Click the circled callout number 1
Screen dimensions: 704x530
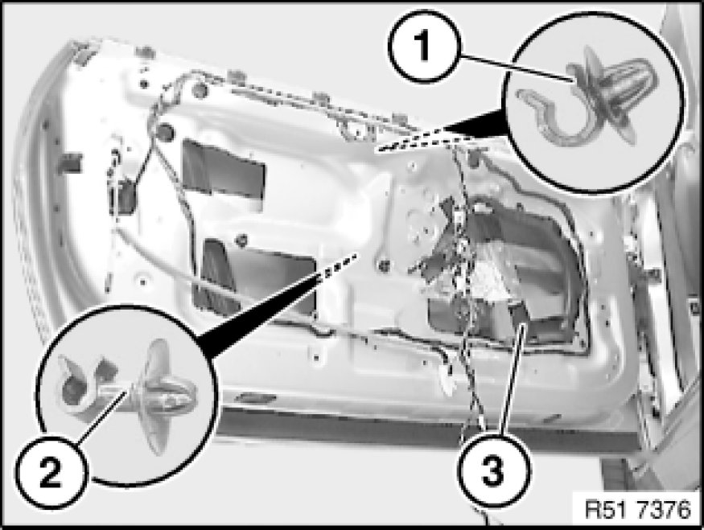pyautogui.click(x=424, y=46)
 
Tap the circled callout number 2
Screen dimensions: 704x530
pyautogui.click(x=50, y=473)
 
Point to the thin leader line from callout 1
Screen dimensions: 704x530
pyautogui.click(x=517, y=68)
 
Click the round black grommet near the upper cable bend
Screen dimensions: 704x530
pyautogui.click(x=166, y=131)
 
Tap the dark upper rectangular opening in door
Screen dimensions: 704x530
pyautogui.click(x=223, y=170)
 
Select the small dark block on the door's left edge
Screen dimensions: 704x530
pyautogui.click(x=71, y=162)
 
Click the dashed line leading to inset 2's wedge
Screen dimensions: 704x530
pyautogui.click(x=337, y=265)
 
